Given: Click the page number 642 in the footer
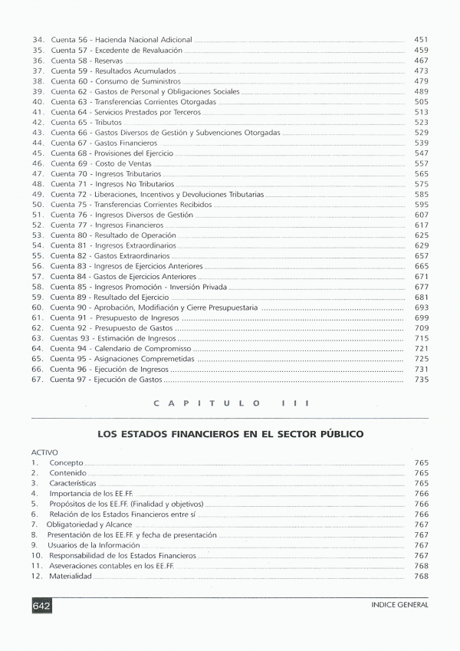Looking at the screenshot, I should pos(41,605).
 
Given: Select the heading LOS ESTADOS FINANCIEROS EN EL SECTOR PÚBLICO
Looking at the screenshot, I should pos(230,434).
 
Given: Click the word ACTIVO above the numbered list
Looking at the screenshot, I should pos(44,452).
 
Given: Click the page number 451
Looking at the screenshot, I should pos(421,39).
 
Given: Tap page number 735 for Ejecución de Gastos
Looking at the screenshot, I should pos(421,380).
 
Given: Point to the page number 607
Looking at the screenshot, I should pos(421,215).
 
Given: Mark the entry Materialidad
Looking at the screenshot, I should pos(71,576).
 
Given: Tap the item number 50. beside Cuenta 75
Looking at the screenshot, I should pos(38,205).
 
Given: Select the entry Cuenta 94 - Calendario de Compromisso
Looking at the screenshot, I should pos(121,348).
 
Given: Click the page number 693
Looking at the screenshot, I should pos(421,307).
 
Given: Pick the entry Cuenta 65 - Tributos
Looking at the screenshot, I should pos(80,122).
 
